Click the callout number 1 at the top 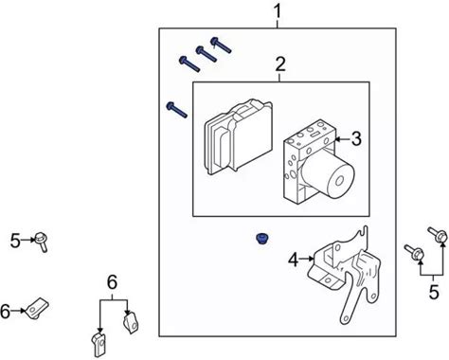coord(278,11)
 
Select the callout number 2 coord(280,64)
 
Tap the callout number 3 coord(356,139)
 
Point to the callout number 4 coord(294,261)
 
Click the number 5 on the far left coord(15,241)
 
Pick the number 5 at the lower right coord(434,292)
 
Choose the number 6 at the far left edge coord(5,311)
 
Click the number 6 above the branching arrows coord(112,282)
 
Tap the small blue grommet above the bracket coord(260,239)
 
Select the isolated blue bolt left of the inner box coord(176,110)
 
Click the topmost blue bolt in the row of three coord(221,45)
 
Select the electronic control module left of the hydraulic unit coord(239,137)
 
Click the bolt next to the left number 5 coord(42,242)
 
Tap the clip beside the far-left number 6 coord(38,309)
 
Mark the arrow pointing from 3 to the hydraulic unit coord(343,139)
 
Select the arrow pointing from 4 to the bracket coord(307,259)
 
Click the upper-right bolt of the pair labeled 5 coord(438,235)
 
